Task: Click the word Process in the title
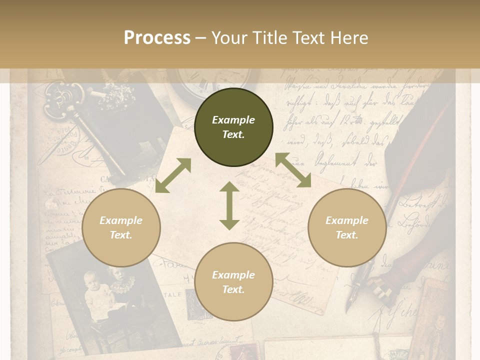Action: click(x=157, y=38)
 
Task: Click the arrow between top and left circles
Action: click(x=173, y=175)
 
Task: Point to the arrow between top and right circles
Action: click(x=293, y=170)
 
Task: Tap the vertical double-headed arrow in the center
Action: click(x=229, y=205)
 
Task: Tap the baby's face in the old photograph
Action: click(x=91, y=278)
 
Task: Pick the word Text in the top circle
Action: click(x=233, y=134)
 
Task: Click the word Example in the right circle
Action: click(x=346, y=220)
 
